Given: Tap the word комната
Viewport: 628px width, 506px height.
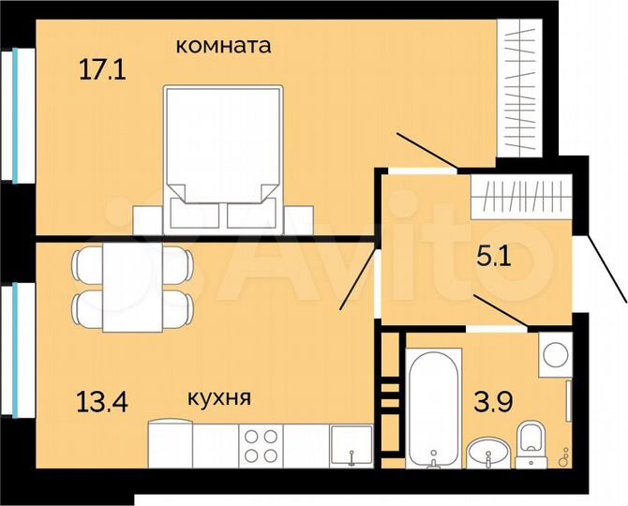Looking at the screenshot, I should (225, 44).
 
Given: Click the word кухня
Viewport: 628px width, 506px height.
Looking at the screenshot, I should (219, 398).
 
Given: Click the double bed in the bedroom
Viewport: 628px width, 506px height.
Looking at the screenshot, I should (224, 155).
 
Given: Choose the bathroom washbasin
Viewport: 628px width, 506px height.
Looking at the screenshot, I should (486, 452).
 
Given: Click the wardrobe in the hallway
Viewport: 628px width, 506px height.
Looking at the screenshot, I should (521, 198).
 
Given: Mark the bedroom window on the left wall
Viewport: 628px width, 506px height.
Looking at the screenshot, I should (17, 116).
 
